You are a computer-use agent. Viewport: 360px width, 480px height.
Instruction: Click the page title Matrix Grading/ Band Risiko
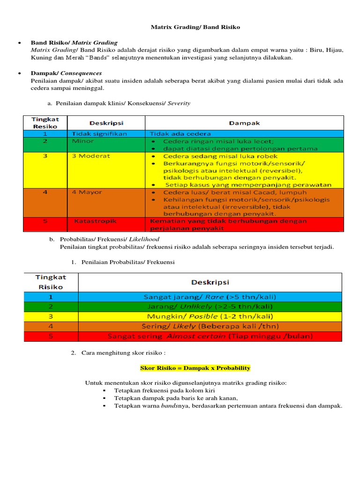click(x=195, y=27)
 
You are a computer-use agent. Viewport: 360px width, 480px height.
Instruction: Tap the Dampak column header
click(x=244, y=123)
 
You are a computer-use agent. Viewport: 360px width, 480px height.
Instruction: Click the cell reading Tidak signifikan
click(x=99, y=134)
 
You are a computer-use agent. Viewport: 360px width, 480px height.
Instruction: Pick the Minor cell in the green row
click(x=82, y=141)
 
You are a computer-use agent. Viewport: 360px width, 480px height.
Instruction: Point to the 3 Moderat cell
click(x=91, y=156)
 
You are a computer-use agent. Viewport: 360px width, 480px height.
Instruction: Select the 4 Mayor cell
click(x=87, y=192)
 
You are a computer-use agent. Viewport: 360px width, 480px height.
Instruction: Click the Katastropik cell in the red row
click(x=95, y=221)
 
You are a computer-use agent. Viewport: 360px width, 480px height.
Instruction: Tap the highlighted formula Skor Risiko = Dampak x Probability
click(x=195, y=368)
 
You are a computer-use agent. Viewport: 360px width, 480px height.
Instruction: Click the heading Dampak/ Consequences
click(x=66, y=73)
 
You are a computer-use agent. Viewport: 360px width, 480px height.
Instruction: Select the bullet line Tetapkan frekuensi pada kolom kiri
click(x=162, y=390)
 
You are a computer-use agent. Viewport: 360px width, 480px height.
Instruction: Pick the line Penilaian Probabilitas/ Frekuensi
click(x=127, y=262)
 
